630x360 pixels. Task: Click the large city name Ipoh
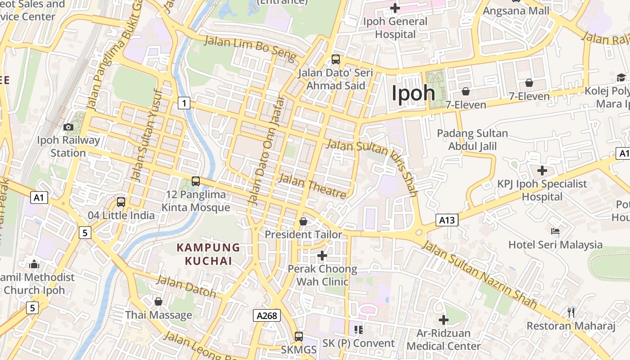click(x=413, y=93)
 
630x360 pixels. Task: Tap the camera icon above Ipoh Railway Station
click(x=68, y=127)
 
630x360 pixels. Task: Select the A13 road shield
click(x=447, y=220)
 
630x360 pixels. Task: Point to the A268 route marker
click(x=266, y=315)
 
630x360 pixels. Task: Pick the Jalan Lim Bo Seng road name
click(x=251, y=49)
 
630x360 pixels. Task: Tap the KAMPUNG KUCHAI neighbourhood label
click(x=208, y=254)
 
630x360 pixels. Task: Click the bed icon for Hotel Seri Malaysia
click(x=555, y=231)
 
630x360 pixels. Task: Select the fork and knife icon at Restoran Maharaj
click(x=571, y=312)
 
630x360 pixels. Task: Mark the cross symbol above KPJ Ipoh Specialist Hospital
click(x=542, y=171)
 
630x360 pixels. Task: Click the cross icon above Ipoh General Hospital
click(x=395, y=8)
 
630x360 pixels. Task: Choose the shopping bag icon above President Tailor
click(x=303, y=221)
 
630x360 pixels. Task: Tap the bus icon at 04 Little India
click(x=121, y=202)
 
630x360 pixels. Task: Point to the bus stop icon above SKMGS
click(x=298, y=336)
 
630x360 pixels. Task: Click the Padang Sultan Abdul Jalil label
click(x=472, y=139)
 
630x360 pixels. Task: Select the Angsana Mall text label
click(x=516, y=10)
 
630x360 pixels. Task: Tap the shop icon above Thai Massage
click(x=158, y=301)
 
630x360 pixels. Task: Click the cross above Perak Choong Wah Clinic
click(x=322, y=256)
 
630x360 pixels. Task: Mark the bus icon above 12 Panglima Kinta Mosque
click(x=196, y=181)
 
